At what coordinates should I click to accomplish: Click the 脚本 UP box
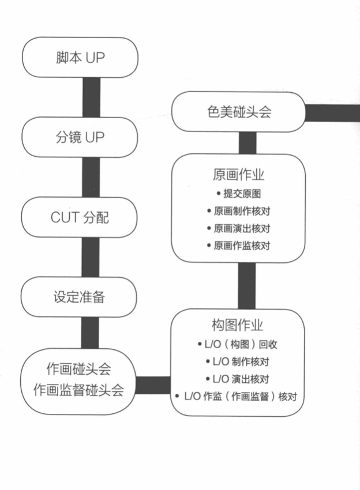click(x=80, y=58)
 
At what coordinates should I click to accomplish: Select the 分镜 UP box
click(x=80, y=138)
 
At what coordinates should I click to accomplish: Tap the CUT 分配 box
click(x=80, y=218)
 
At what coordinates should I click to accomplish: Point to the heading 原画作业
click(x=238, y=174)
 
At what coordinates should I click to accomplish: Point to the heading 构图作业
click(x=238, y=326)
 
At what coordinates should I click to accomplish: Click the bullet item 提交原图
click(x=238, y=194)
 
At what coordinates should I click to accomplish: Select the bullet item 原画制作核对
click(x=238, y=211)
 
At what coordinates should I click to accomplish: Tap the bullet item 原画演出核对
click(x=238, y=228)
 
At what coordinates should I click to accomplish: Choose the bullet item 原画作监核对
click(x=238, y=246)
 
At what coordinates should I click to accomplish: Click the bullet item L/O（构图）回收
click(x=238, y=345)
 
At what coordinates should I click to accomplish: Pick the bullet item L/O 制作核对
click(x=238, y=362)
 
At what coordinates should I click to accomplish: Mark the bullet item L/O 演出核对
click(x=238, y=379)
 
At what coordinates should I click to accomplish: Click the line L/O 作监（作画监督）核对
click(x=238, y=397)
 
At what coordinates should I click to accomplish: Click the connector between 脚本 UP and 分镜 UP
click(x=91, y=97)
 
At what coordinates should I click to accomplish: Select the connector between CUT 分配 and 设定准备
click(x=90, y=258)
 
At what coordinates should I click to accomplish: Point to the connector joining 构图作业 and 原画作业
click(x=247, y=286)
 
